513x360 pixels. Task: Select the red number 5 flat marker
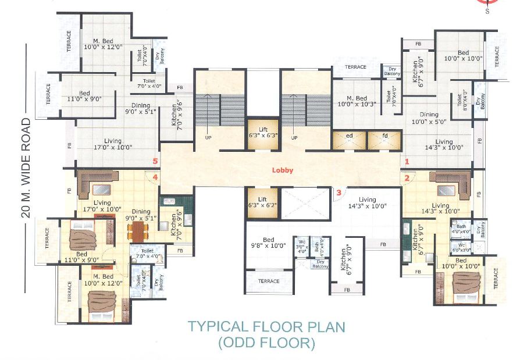coord(155,161)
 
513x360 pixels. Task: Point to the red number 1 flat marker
coord(407,161)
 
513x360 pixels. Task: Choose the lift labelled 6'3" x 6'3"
coord(261,133)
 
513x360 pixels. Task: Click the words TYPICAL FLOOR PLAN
coord(266,326)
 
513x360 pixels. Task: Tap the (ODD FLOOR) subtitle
coord(266,343)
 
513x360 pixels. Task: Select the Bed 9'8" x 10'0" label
coord(268,243)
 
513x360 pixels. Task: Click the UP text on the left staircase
coord(206,138)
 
